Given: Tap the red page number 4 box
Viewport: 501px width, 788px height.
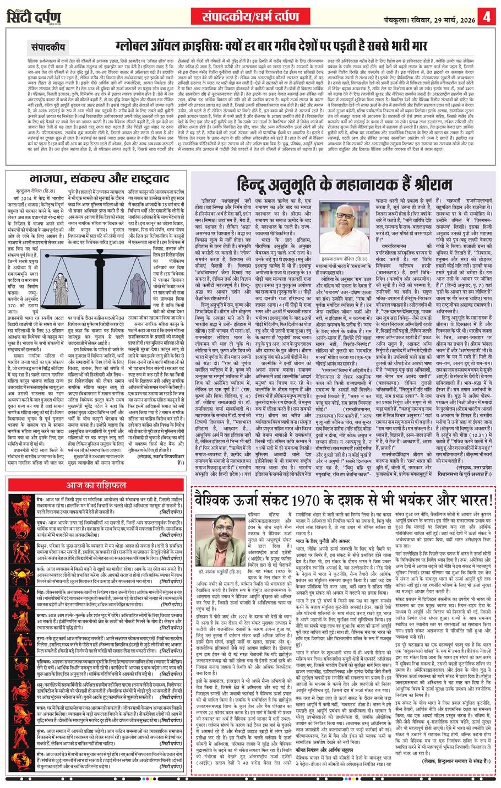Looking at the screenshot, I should click(487, 12).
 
